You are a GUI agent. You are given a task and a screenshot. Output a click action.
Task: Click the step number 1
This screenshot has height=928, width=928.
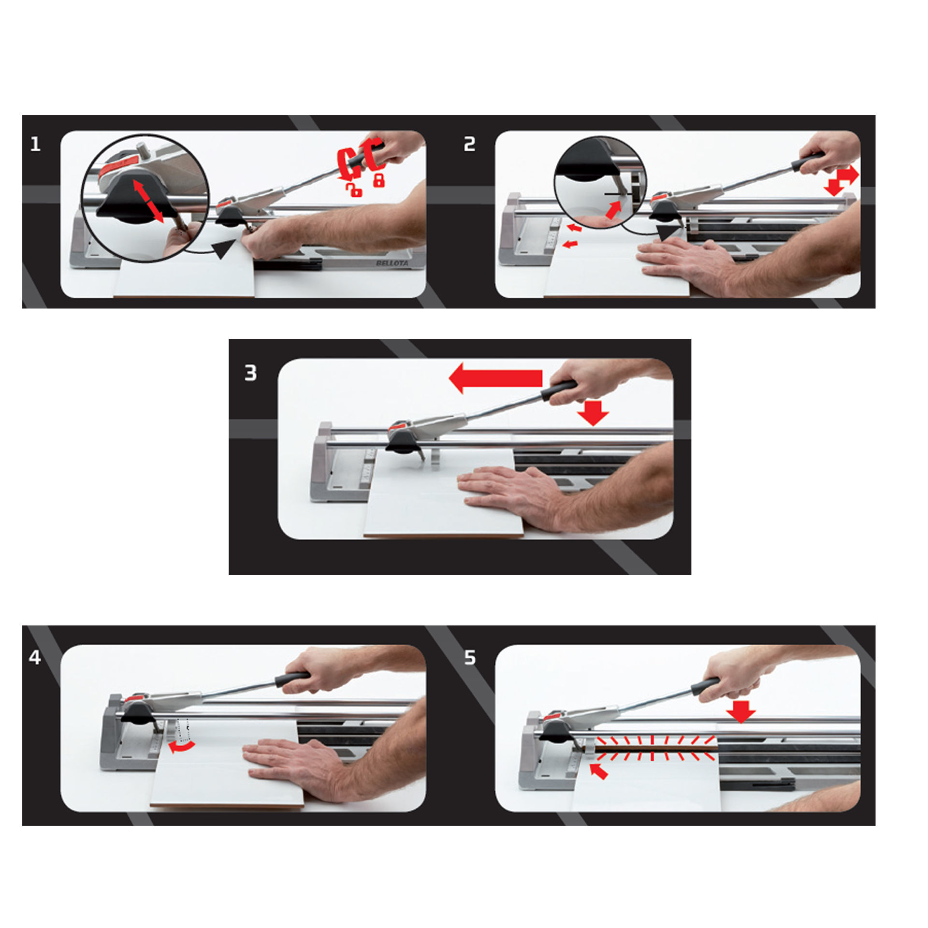click(35, 145)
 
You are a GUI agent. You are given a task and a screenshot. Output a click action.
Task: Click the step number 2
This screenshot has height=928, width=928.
click(469, 145)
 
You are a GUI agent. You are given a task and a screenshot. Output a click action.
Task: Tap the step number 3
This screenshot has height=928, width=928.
click(251, 373)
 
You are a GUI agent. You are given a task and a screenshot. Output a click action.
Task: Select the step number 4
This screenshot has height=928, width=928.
click(35, 658)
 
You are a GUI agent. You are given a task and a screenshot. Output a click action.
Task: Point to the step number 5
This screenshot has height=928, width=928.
click(470, 658)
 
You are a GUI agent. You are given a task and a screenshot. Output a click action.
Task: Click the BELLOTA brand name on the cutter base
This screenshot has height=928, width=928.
click(391, 263)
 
